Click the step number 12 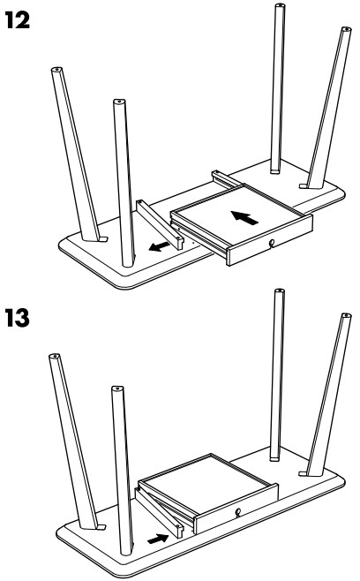point(18,19)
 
